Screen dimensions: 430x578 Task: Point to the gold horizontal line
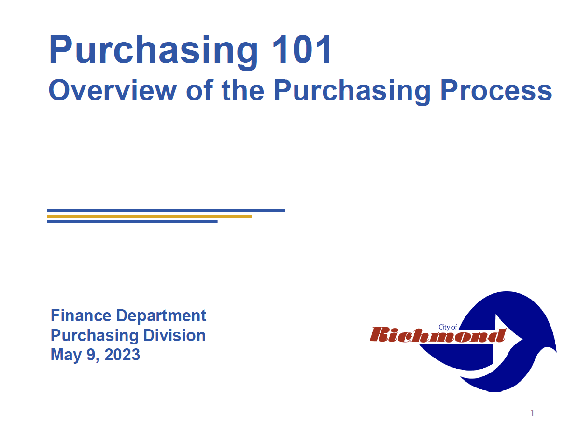click(x=149, y=216)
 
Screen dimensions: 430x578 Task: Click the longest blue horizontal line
click(x=166, y=210)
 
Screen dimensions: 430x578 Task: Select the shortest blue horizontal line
click(x=132, y=222)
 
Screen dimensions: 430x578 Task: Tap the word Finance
click(x=81, y=315)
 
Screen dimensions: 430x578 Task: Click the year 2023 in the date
click(x=122, y=355)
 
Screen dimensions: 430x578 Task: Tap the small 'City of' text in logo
click(x=448, y=327)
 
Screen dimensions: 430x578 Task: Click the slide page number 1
click(x=532, y=413)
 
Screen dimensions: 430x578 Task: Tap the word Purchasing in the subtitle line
click(x=352, y=91)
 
